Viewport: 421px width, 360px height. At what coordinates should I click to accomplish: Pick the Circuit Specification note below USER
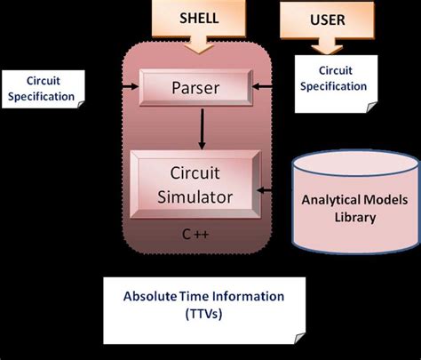coord(332,80)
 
